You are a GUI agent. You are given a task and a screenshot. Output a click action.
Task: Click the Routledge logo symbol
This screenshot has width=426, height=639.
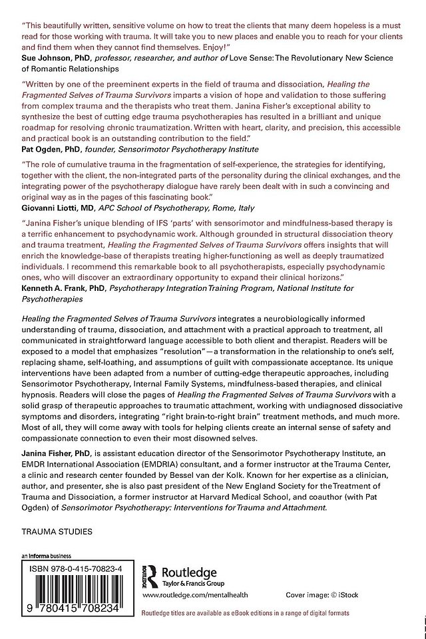(x=152, y=574)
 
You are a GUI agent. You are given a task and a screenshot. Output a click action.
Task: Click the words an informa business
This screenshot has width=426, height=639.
(x=46, y=556)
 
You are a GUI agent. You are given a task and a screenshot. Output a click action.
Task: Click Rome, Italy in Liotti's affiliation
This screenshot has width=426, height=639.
(x=249, y=208)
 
